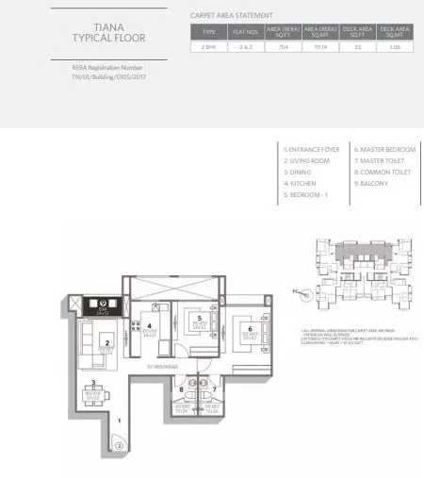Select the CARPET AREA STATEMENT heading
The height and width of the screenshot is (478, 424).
coord(231,16)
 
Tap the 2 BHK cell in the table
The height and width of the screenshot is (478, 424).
coord(208,44)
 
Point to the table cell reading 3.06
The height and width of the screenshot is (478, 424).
coord(395,44)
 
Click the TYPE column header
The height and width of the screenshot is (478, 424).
coord(208,31)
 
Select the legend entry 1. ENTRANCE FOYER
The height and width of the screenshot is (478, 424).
coord(312,149)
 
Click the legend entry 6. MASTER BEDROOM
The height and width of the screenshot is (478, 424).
coord(384,149)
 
